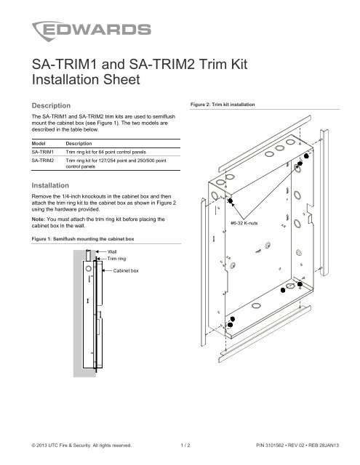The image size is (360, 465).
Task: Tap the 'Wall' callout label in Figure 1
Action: click(x=113, y=251)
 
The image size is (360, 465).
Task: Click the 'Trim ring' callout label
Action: click(x=119, y=259)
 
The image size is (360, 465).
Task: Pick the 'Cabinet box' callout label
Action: click(x=128, y=269)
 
